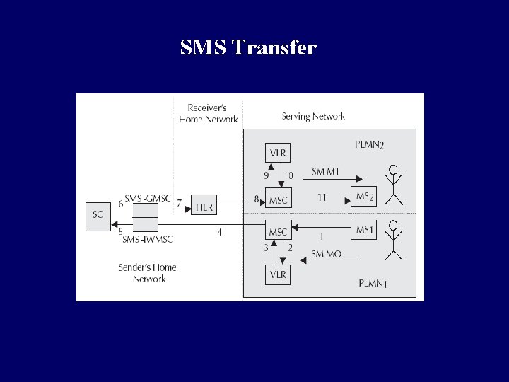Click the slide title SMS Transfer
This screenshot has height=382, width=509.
click(x=248, y=48)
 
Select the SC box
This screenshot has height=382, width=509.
click(x=98, y=214)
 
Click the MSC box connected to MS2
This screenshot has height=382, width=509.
click(x=278, y=199)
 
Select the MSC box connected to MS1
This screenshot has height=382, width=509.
click(x=278, y=231)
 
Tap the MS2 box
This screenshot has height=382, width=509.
click(x=363, y=196)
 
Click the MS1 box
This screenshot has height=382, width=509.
click(x=363, y=229)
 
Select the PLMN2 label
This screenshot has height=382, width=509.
click(x=369, y=144)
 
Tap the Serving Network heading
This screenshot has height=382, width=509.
click(x=313, y=116)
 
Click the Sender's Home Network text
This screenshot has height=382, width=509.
click(x=148, y=273)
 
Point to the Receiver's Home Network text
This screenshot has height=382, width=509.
click(x=208, y=113)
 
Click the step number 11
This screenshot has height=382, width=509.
click(x=322, y=197)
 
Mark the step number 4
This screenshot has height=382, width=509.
click(x=219, y=232)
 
